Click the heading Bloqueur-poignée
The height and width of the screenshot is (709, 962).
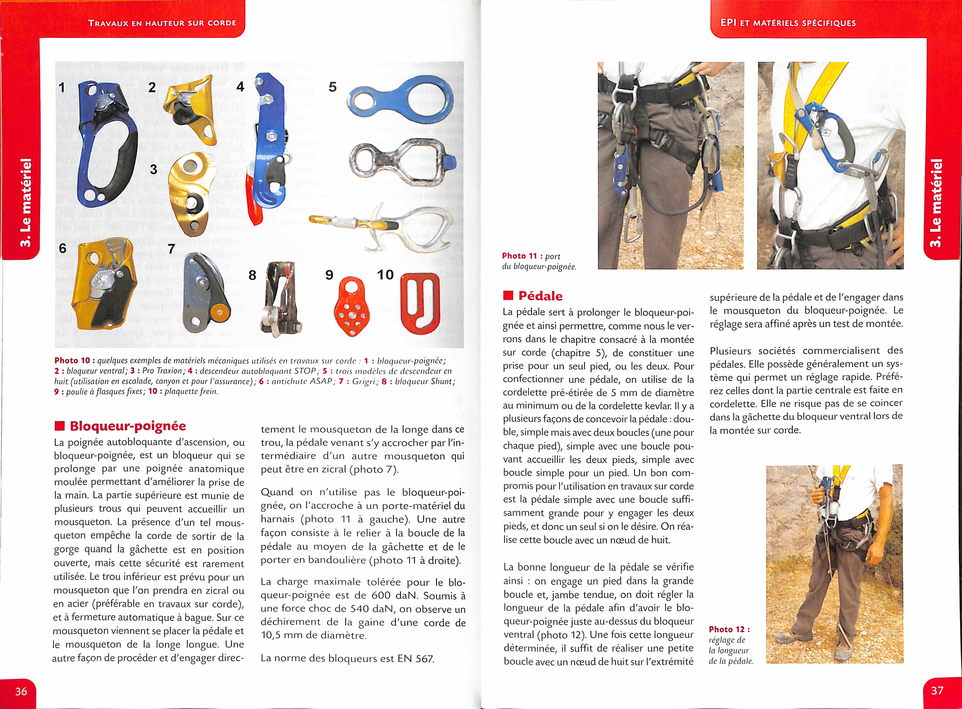tap(127, 426)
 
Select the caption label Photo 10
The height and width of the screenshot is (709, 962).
tap(72, 360)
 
